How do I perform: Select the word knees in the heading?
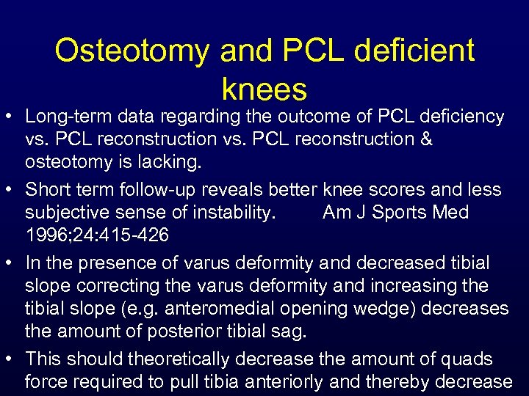264,89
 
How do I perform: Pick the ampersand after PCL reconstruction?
426,139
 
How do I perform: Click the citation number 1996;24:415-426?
97,235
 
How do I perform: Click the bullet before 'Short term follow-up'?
11,190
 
